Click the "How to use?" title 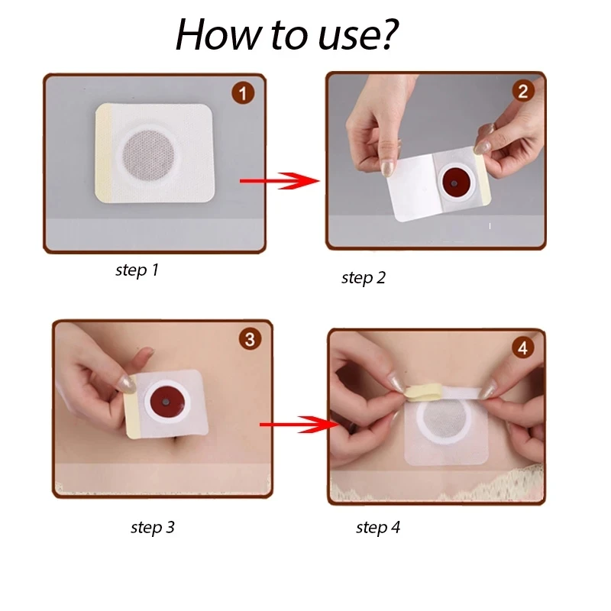coord(287,34)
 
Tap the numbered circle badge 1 coord(243,93)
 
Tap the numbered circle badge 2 coord(523,91)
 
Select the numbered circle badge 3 coord(251,338)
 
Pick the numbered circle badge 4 coord(523,348)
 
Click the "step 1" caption coord(137,270)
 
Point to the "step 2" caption coord(364,278)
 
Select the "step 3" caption coord(153,527)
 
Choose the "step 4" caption coord(378,527)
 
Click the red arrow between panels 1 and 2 coord(280,181)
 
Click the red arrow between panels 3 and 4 coord(299,425)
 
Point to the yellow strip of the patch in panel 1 coord(104,154)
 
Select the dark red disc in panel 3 coord(166,402)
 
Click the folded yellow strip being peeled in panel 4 coord(424,393)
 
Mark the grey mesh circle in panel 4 coord(445,419)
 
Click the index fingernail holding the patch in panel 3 coord(128,384)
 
